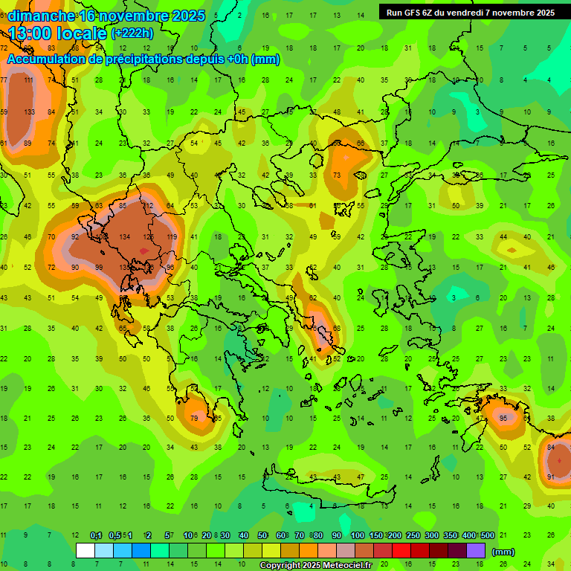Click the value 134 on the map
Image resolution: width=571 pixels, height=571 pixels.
[125, 236]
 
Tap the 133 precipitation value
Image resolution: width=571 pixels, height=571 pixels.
[29, 112]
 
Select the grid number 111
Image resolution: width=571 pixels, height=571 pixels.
[29, 80]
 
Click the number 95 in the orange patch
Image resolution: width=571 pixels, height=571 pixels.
[503, 418]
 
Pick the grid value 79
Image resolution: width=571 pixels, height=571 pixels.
[195, 418]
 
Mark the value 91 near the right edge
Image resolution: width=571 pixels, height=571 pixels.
[551, 477]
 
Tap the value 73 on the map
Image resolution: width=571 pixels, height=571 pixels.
[337, 175]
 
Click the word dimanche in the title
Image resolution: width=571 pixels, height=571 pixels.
[41, 16]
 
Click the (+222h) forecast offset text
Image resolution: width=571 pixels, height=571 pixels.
[132, 33]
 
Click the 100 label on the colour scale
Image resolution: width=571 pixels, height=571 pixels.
[357, 536]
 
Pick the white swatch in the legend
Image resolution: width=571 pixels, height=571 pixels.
[86, 550]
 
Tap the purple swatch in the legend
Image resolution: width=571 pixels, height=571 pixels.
[476, 550]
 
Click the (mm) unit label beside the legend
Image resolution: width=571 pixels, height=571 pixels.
[503, 552]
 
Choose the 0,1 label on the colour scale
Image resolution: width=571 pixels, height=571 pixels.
[95, 536]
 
